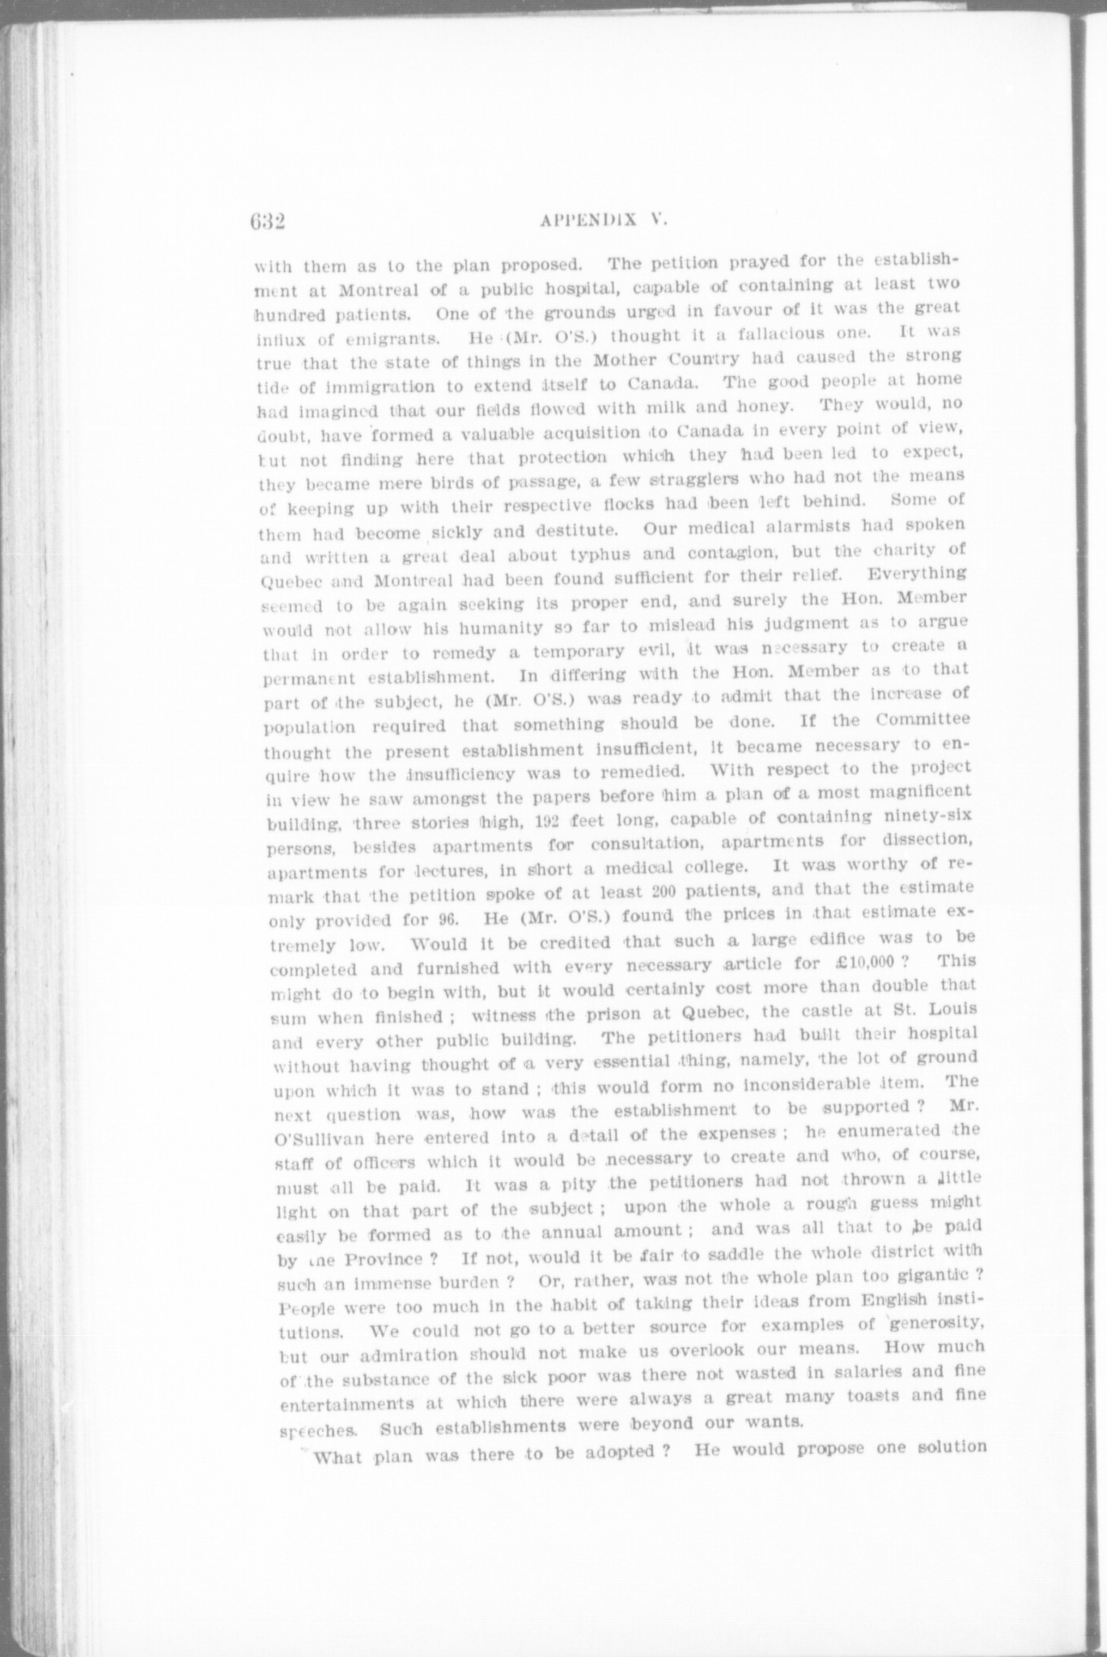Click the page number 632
270,221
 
